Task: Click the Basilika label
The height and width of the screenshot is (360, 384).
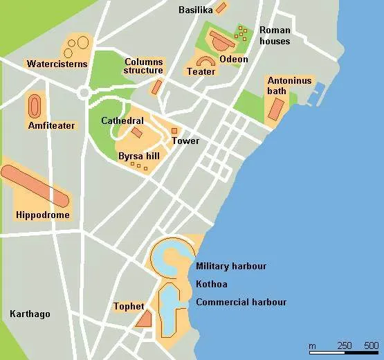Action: point(194,10)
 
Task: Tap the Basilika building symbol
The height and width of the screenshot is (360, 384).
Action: point(221,8)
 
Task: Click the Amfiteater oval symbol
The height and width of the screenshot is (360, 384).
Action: point(34,106)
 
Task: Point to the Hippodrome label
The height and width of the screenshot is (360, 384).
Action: point(43,215)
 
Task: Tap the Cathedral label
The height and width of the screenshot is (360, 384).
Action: point(122,120)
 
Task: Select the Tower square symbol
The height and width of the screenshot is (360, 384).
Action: point(174,131)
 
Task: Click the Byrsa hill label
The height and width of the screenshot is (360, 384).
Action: point(139,156)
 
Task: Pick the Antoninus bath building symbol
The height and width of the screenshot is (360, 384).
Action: point(276,110)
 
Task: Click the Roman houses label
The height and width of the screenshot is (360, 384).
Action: point(275,35)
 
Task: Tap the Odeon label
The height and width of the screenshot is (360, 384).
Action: point(234,60)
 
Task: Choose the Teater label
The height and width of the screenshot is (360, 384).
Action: point(201,71)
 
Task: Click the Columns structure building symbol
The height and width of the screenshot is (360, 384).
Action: point(157,87)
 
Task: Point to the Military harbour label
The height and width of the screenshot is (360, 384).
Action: point(231,266)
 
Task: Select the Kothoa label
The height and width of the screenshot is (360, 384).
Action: point(211,284)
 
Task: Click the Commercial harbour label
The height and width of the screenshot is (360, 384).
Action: point(241,302)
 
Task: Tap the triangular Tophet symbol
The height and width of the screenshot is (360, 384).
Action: point(145,319)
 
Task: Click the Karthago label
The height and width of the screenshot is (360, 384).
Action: point(30,314)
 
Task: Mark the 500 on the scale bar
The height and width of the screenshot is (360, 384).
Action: point(371,345)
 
